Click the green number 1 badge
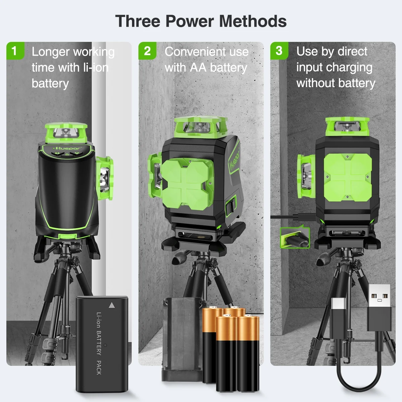pos(14,51)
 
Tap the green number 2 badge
pos(147,51)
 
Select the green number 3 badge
pos(279,51)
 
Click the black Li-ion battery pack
pos(102,343)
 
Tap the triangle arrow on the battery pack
pos(112,305)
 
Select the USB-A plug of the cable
pos(379,308)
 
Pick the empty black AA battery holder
pos(182,338)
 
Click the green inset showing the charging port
pos(295,238)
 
